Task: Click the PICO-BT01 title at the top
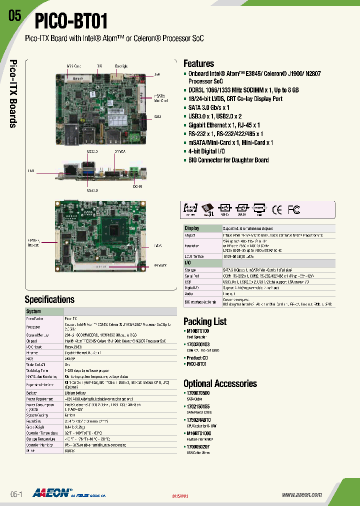click(70, 21)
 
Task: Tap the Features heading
click(198, 63)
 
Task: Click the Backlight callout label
click(121, 65)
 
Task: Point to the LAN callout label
click(30, 171)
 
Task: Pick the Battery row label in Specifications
click(32, 393)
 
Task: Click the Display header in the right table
click(192, 228)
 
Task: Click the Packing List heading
click(205, 321)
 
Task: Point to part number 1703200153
click(198, 344)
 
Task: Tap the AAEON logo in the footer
click(51, 492)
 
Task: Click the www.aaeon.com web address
click(301, 494)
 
